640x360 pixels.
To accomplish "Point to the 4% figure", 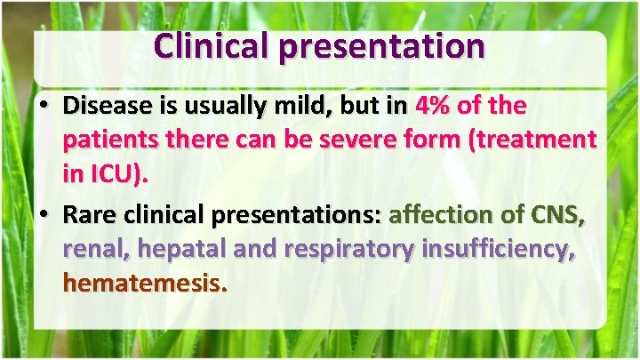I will point(432,107).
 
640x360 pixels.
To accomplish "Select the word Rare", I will point(89,215).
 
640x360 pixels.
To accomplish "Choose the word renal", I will point(94,249).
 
